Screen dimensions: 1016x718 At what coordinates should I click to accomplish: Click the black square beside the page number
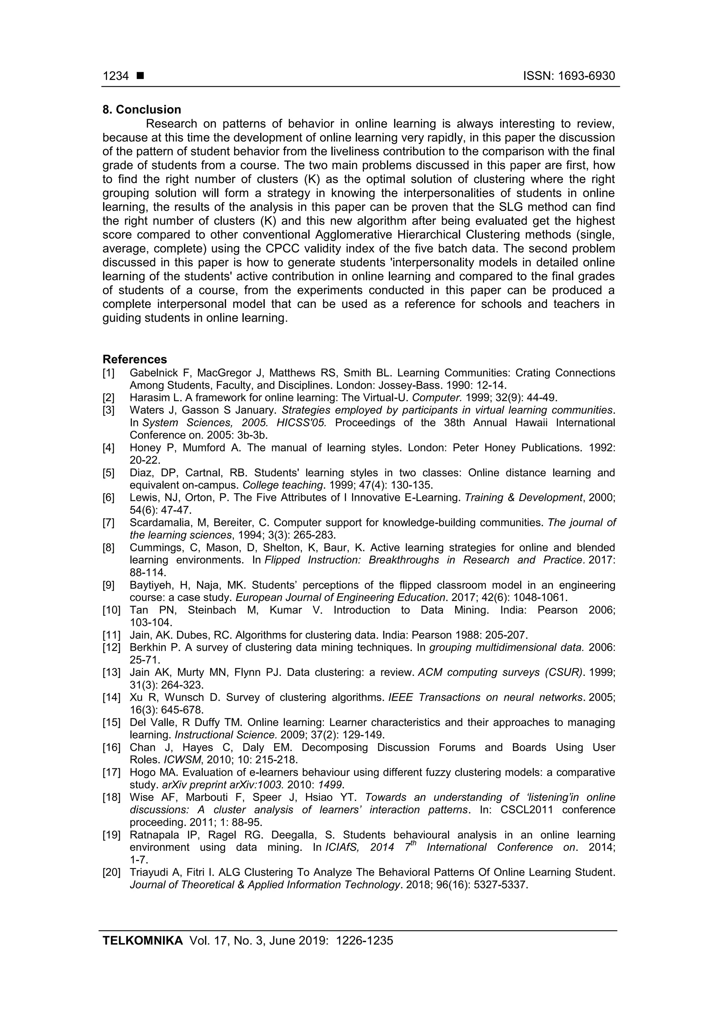coord(140,76)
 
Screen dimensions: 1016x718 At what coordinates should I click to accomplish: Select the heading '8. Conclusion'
coord(142,110)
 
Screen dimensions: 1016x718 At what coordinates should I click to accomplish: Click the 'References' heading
coord(135,359)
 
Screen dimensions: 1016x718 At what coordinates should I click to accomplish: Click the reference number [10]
coord(111,610)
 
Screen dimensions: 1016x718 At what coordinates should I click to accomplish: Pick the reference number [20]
coord(111,873)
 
